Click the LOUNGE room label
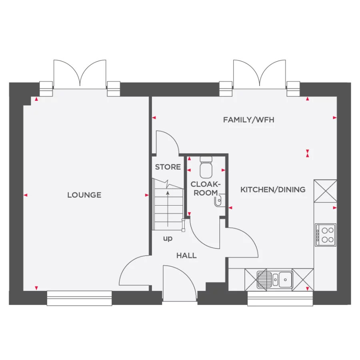click(84, 195)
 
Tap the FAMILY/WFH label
click(248, 120)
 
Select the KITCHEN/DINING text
click(273, 190)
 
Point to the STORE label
click(168, 167)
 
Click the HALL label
click(186, 255)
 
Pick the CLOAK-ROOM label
click(206, 188)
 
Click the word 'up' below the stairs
click(168, 239)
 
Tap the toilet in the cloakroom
click(206, 167)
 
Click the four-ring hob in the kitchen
click(326, 235)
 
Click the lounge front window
click(79, 298)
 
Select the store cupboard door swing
click(167, 142)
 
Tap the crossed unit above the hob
click(325, 191)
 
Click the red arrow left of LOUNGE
click(26, 195)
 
